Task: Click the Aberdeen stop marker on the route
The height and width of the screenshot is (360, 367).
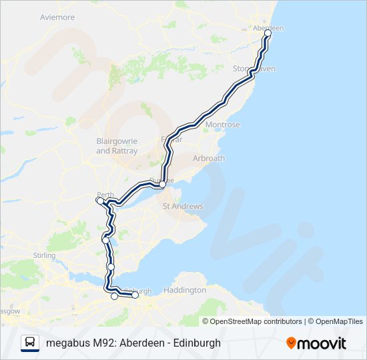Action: [268, 32]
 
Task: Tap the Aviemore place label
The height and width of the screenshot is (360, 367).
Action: [57, 17]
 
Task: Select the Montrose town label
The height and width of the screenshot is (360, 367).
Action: [223, 125]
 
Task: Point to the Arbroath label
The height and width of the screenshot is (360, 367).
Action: [208, 159]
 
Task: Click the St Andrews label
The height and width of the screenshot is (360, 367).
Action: [183, 207]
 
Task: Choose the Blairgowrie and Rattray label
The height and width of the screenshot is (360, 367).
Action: [116, 146]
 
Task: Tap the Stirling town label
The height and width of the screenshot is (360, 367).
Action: [44, 255]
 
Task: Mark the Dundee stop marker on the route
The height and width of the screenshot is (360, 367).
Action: [162, 184]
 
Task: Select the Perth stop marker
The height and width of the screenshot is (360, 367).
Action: [99, 200]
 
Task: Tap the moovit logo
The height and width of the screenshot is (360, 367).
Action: [316, 343]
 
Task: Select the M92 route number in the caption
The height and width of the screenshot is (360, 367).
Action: [102, 343]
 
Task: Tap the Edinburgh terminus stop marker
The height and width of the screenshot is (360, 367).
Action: [135, 295]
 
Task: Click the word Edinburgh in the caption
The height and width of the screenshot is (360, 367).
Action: [192, 343]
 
